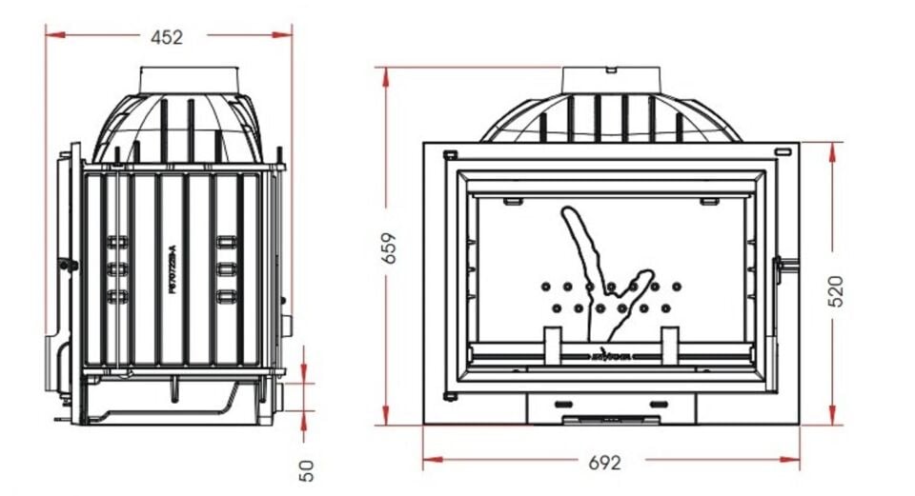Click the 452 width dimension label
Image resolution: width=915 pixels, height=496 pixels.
click(167, 37)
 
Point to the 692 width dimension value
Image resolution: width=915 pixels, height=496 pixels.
click(604, 463)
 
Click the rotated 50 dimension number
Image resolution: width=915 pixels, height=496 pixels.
click(306, 470)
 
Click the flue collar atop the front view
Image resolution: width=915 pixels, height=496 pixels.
click(610, 79)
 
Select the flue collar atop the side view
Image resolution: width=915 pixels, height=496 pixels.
click(189, 80)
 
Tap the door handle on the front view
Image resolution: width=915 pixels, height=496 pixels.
click(787, 267)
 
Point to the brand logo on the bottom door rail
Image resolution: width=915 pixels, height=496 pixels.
click(610, 359)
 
